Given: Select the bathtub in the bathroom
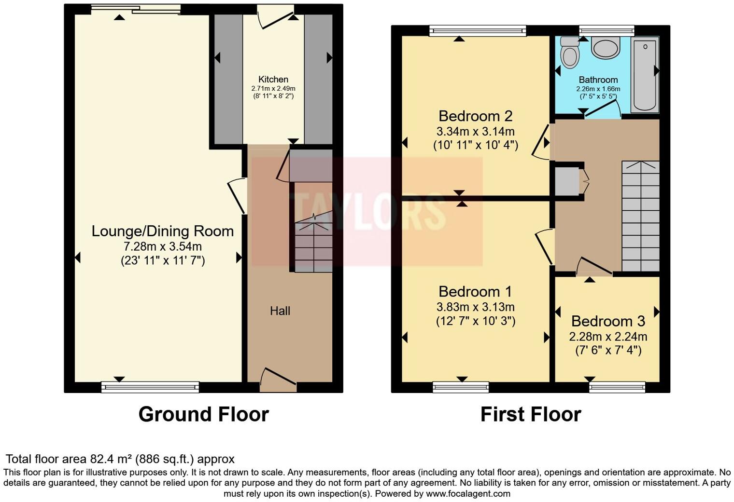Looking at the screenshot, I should click(x=645, y=75).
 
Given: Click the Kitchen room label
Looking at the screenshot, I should click(x=273, y=80).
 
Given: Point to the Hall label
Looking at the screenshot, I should click(x=280, y=311).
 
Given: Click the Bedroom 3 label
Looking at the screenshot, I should click(x=608, y=321).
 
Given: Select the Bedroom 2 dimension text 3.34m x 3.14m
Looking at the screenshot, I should click(x=475, y=131).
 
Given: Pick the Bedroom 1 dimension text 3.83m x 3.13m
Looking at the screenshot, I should click(x=475, y=307).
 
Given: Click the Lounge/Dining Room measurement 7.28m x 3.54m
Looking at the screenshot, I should click(x=163, y=246).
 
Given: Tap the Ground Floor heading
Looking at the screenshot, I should click(x=203, y=414).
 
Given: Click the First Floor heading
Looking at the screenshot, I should click(x=530, y=414).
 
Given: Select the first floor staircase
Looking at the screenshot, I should click(x=640, y=216).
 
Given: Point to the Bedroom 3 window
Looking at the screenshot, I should click(x=617, y=387).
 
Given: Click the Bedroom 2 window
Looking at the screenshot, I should click(x=478, y=31).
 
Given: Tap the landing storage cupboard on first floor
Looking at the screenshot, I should click(x=567, y=181).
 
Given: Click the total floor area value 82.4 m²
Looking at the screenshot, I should click(x=112, y=459).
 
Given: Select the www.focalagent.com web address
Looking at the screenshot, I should click(x=468, y=494).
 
